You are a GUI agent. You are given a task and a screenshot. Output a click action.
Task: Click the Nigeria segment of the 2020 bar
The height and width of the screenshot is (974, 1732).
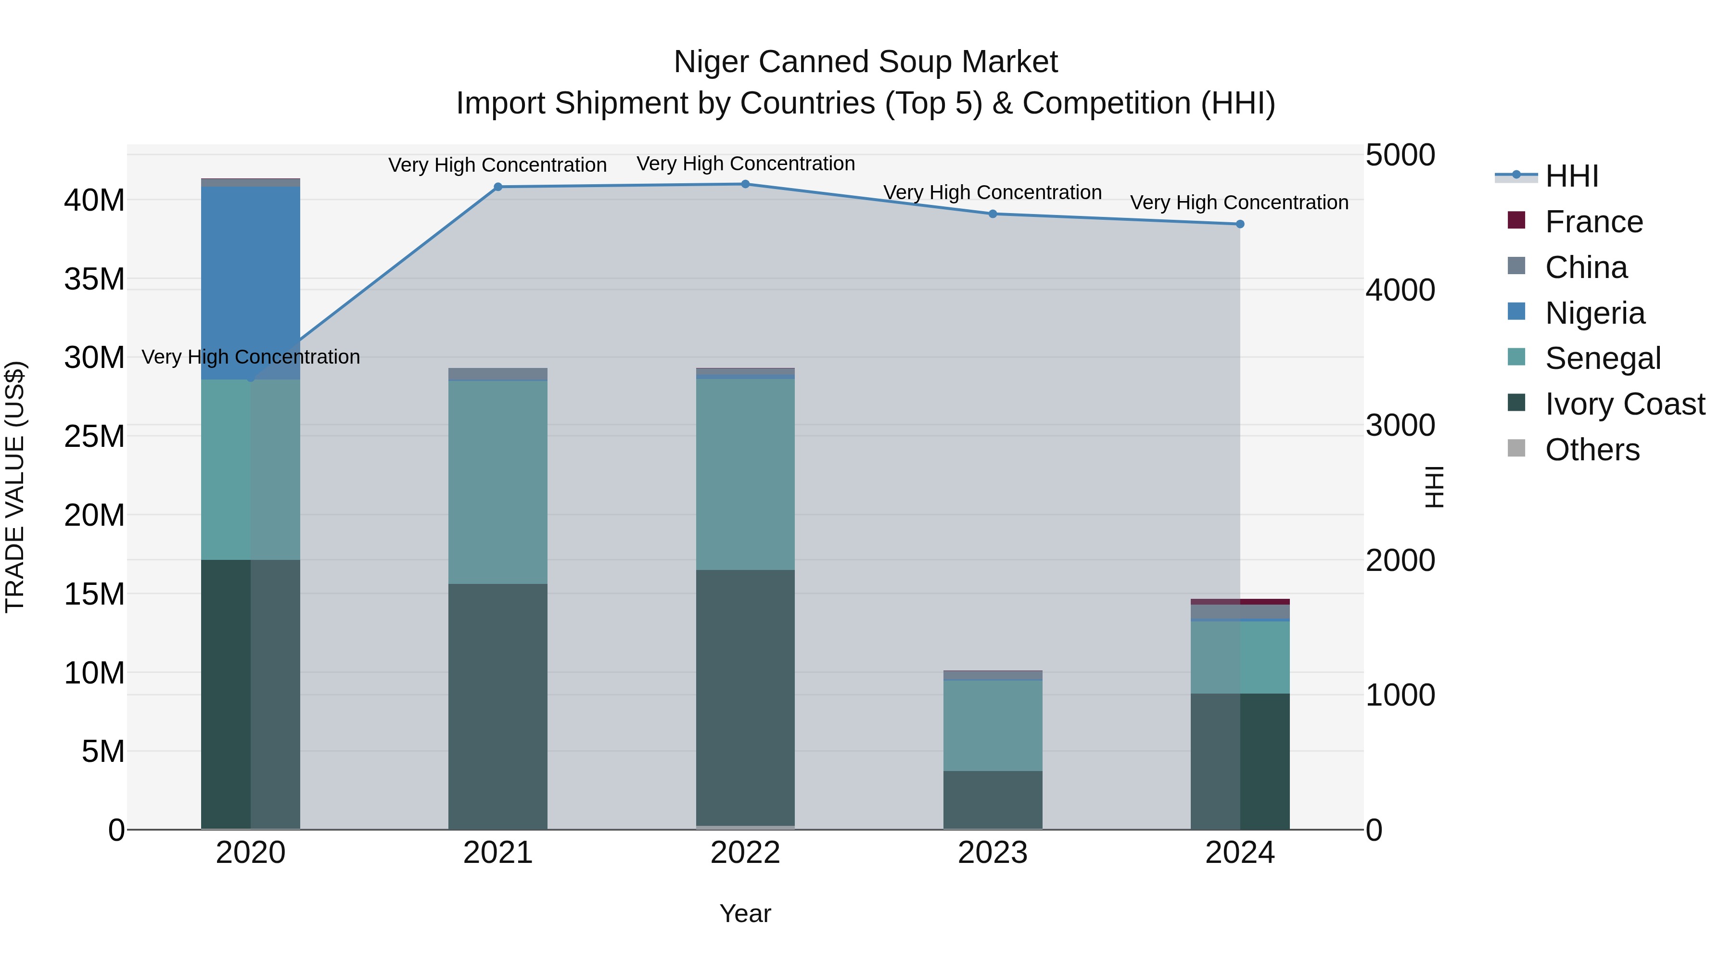(250, 282)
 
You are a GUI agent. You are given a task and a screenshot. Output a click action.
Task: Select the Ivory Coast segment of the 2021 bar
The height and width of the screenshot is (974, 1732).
(497, 706)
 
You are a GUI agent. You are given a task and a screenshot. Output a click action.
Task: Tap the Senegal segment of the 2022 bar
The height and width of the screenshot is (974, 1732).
(745, 474)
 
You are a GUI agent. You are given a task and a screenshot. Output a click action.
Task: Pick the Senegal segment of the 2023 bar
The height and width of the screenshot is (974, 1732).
(993, 725)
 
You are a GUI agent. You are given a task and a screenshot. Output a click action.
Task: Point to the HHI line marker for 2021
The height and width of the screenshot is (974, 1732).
(497, 187)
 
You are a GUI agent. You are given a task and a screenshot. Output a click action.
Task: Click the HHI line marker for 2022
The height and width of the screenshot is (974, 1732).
(745, 184)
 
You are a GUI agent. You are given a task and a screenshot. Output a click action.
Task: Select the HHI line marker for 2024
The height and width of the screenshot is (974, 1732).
(1240, 224)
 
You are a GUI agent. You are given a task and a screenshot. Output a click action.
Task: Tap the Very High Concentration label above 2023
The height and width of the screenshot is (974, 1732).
(993, 192)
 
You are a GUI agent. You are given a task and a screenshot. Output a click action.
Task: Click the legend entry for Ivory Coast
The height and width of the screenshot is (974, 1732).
(1624, 404)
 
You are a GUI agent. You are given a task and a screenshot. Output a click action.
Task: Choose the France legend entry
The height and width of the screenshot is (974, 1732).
(1593, 222)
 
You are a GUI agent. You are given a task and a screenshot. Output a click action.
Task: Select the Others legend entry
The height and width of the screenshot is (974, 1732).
(1592, 450)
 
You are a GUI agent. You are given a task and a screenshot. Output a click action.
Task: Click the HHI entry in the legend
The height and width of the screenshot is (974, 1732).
(1571, 176)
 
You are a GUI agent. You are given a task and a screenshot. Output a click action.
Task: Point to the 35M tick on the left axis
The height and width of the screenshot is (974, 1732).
(94, 279)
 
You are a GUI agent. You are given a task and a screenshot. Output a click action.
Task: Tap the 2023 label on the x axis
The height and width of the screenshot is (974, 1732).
(993, 853)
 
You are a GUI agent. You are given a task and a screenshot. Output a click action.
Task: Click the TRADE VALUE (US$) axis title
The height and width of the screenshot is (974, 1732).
(15, 487)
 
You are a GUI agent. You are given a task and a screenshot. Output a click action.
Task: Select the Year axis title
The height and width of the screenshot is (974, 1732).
(745, 913)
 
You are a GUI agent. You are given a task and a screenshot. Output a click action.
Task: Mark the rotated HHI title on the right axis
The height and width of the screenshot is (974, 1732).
(1434, 487)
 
